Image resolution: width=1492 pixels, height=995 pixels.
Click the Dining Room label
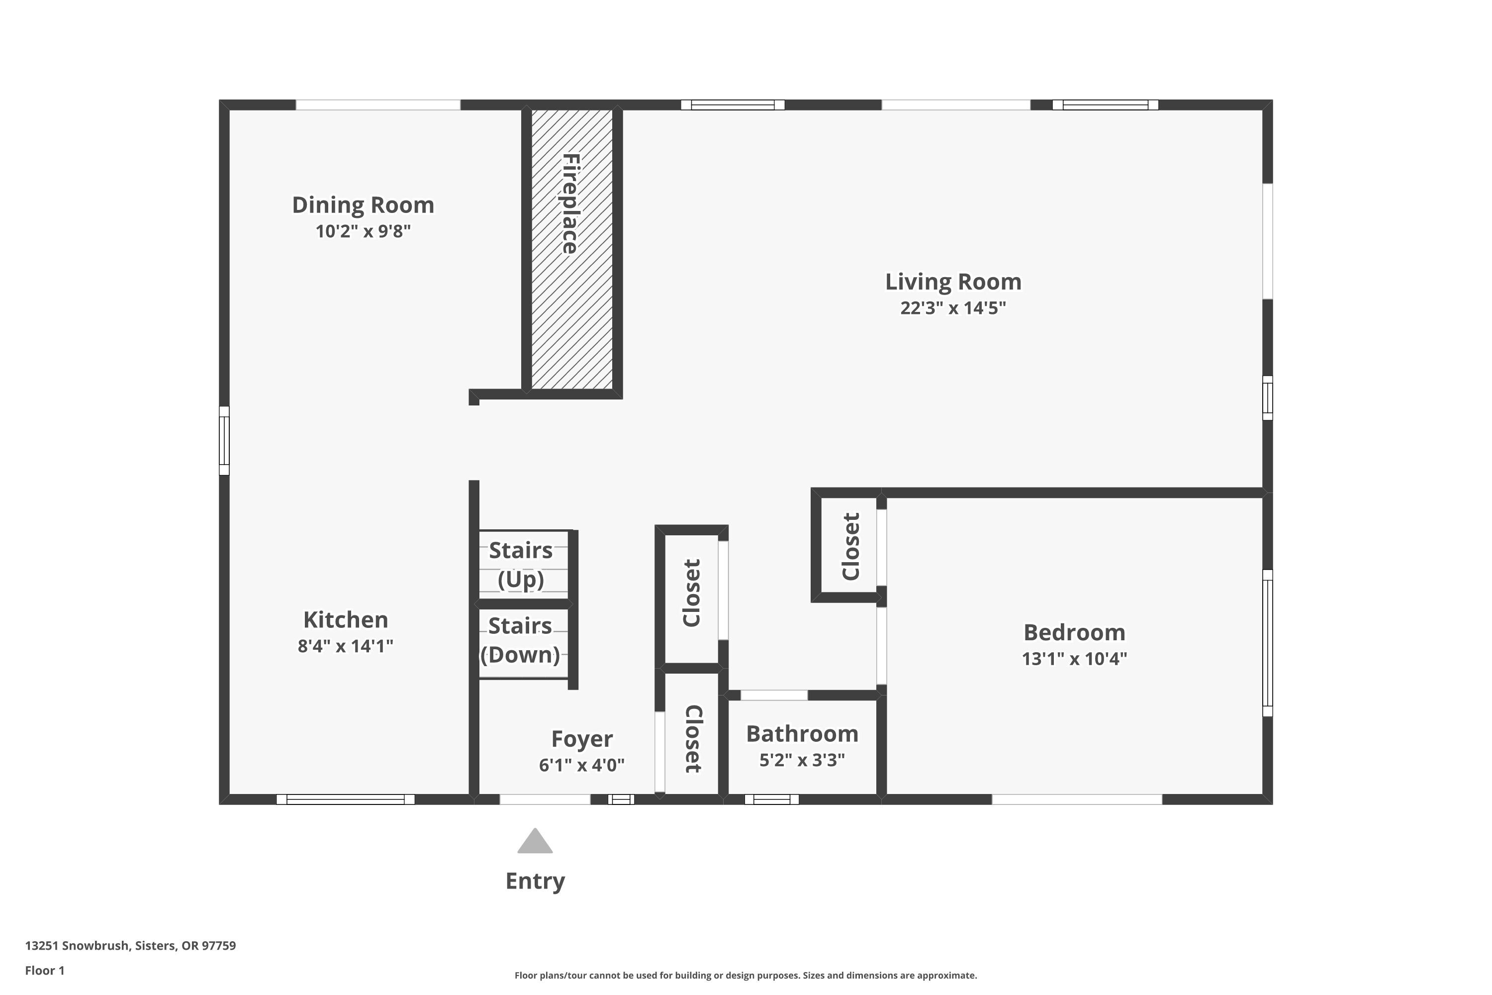coord(363,205)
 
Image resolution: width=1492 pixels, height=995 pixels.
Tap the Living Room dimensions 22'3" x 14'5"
coord(953,308)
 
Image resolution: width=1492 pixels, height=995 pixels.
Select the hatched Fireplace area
coord(571,249)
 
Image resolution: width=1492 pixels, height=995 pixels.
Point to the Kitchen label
coord(346,619)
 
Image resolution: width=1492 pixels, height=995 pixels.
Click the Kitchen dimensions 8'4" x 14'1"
coord(346,646)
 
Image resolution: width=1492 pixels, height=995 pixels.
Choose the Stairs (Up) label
coord(521,564)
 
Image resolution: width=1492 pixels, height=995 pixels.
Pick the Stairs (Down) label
coord(520,640)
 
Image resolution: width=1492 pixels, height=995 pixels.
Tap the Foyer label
coord(582,739)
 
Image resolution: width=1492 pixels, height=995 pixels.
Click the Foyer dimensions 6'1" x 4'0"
coord(582,765)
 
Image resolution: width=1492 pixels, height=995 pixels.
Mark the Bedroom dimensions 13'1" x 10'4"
coord(1075,659)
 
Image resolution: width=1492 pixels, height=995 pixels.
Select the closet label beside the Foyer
coord(693,739)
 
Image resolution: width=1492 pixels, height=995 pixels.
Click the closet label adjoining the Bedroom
coord(850,546)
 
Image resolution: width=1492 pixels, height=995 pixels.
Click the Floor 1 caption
coord(44,970)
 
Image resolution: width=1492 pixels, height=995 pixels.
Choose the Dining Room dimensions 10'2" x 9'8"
coord(363,231)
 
